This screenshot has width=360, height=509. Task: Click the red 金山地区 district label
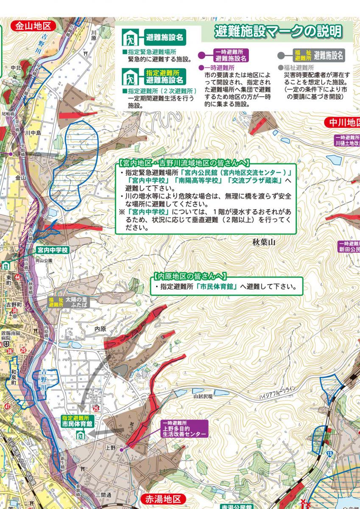pyautogui.click(x=33, y=26)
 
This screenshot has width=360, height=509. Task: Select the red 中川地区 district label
pyautogui.click(x=342, y=123)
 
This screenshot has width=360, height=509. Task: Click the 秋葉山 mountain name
pyautogui.click(x=264, y=242)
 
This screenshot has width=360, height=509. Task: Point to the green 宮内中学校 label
pyautogui.click(x=52, y=250)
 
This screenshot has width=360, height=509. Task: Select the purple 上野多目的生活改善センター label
pyautogui.click(x=184, y=429)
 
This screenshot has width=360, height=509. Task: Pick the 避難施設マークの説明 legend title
pyautogui.click(x=278, y=31)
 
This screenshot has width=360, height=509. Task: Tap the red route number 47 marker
pyautogui.click(x=7, y=407)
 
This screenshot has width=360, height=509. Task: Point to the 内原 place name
pyautogui.click(x=100, y=329)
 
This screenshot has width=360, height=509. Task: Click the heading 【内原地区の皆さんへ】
pyautogui.click(x=190, y=276)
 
